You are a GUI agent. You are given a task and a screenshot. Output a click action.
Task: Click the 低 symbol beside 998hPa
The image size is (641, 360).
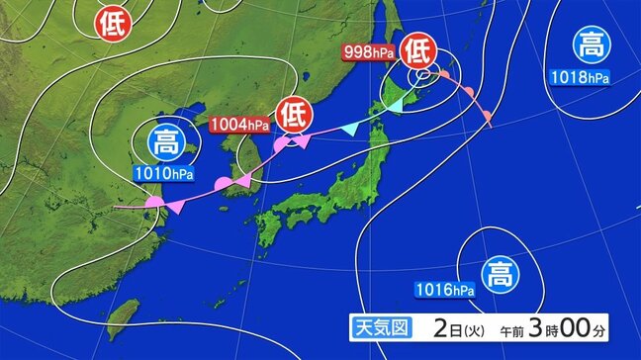pos(418,48)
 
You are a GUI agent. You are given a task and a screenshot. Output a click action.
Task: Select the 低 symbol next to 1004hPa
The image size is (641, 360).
pos(294,115)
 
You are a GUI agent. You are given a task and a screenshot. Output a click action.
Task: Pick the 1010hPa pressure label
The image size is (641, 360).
pos(165,174)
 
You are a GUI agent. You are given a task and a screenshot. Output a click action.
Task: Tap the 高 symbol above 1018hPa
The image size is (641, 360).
pos(591,45)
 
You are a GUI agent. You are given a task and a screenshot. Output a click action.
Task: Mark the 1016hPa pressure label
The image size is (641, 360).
pos(445,289)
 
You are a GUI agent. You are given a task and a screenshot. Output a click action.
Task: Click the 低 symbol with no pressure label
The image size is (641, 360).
pos(112,22)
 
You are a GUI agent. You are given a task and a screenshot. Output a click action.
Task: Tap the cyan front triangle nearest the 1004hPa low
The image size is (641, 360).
pos(348,129)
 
